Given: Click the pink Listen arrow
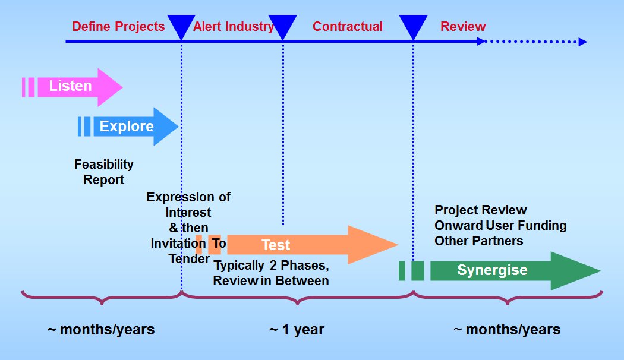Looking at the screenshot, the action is [x=72, y=87].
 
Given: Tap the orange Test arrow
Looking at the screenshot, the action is [x=297, y=245].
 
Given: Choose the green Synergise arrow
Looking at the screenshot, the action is [x=500, y=271].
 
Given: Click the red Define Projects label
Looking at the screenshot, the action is [x=118, y=27].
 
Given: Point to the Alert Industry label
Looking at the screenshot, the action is [x=234, y=27].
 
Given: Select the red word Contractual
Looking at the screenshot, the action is [x=348, y=27].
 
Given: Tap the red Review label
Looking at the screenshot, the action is [x=463, y=27].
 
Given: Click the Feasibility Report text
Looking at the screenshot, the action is [x=104, y=172].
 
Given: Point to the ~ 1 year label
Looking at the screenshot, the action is [x=297, y=330].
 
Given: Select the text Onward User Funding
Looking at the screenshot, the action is [x=500, y=226].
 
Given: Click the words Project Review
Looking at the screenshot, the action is [x=481, y=210].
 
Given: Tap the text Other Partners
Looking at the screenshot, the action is [x=479, y=241].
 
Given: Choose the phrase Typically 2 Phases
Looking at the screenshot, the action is [x=272, y=266].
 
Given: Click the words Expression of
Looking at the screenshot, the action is [x=188, y=197].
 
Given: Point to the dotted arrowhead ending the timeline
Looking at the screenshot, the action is [x=582, y=42].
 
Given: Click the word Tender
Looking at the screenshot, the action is [x=189, y=259].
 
